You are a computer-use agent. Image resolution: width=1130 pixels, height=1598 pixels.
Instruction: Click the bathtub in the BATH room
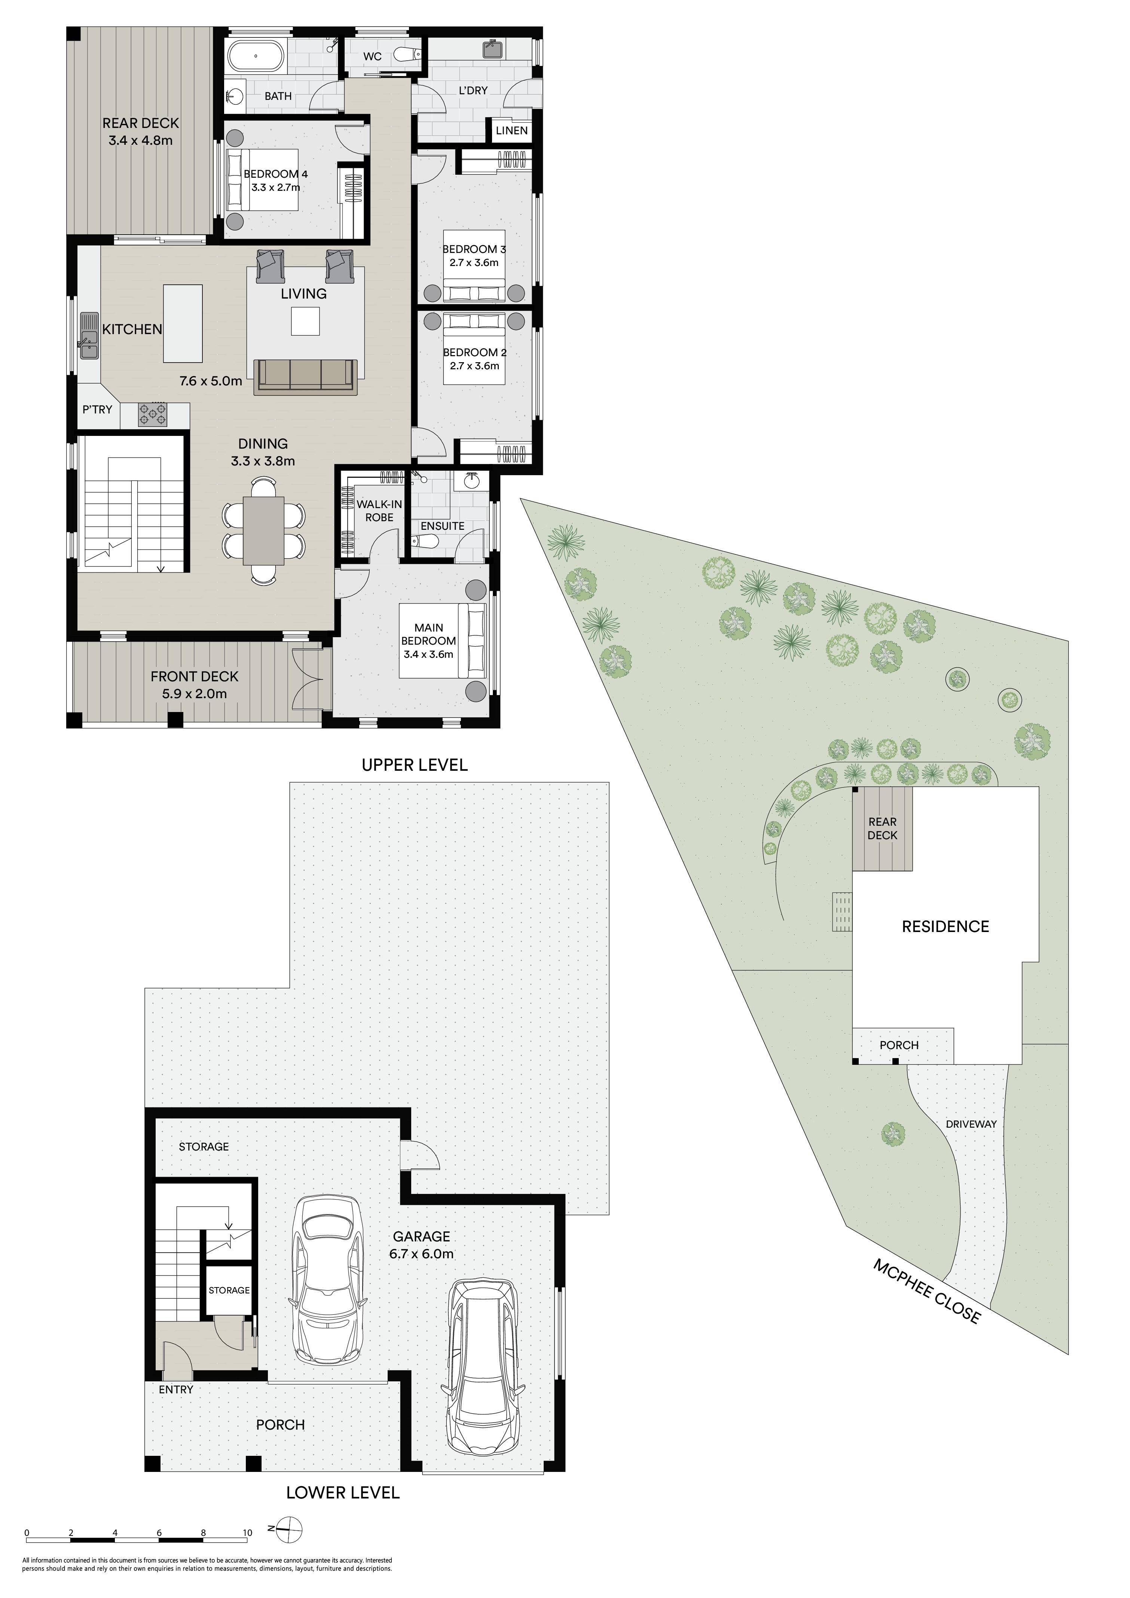click(x=256, y=55)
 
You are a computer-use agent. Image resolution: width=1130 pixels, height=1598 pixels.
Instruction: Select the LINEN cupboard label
click(x=512, y=130)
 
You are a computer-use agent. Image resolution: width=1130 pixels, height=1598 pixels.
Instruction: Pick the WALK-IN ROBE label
click(x=379, y=511)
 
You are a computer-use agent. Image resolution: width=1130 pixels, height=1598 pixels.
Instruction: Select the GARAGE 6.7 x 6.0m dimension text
click(x=422, y=1254)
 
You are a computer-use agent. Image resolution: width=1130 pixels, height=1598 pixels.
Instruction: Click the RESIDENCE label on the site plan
click(x=946, y=926)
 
